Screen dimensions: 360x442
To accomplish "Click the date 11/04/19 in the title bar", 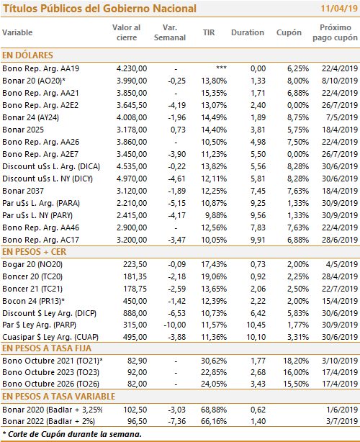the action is pyautogui.click(x=339, y=9).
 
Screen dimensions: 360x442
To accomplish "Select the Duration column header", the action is pyautogui.click(x=248, y=32).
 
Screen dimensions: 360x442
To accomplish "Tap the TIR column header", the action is pyautogui.click(x=209, y=32).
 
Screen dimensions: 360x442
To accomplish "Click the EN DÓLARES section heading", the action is pyautogui.click(x=27, y=55).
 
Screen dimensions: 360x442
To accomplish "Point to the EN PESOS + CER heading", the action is pyautogui.click(x=34, y=252).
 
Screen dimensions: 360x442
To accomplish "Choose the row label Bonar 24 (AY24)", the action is pyautogui.click(x=30, y=117).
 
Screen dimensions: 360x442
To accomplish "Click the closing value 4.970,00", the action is pyautogui.click(x=132, y=179).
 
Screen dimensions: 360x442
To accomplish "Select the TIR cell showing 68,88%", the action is pyautogui.click(x=214, y=410).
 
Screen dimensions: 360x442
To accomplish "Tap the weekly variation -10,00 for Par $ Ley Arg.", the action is pyautogui.click(x=175, y=325).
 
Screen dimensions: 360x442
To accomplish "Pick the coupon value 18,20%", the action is pyautogui.click(x=296, y=361).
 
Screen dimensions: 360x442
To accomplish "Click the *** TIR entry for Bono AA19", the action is pyautogui.click(x=221, y=68).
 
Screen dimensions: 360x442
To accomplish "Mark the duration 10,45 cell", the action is pyautogui.click(x=256, y=325).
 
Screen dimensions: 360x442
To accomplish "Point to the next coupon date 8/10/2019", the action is pyautogui.click(x=340, y=81).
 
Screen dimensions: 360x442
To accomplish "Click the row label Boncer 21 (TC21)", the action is pyautogui.click(x=32, y=289).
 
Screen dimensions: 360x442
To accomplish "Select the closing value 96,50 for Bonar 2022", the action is pyautogui.click(x=137, y=421).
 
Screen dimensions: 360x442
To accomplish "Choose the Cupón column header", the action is pyautogui.click(x=289, y=32).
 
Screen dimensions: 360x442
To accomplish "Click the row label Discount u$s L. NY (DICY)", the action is pyautogui.click(x=48, y=179).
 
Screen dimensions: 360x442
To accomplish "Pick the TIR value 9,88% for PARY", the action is pyautogui.click(x=216, y=215).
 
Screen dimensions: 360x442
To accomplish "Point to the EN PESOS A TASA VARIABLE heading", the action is pyautogui.click(x=58, y=397).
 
